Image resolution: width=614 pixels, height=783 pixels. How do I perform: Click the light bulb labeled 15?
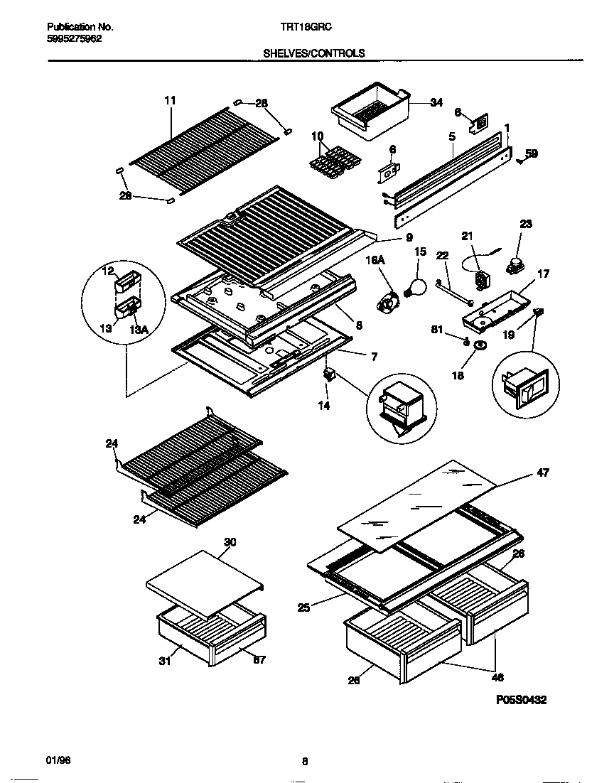pyautogui.click(x=414, y=287)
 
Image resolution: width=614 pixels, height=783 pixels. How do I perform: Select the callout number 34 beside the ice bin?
pyautogui.click(x=436, y=103)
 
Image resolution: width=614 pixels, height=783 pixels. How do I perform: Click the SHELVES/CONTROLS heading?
pyautogui.click(x=314, y=53)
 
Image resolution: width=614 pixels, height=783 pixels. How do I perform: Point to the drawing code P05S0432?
pyautogui.click(x=521, y=700)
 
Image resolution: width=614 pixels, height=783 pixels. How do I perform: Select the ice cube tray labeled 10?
pyautogui.click(x=331, y=162)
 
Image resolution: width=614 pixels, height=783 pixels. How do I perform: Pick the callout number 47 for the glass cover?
pyautogui.click(x=542, y=472)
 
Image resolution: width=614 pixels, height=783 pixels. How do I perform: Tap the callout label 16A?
pyautogui.click(x=376, y=262)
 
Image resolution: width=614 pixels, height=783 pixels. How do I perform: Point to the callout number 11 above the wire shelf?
pyautogui.click(x=169, y=100)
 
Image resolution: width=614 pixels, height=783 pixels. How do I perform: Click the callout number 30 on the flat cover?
pyautogui.click(x=229, y=542)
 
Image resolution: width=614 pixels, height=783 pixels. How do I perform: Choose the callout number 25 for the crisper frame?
pyautogui.click(x=303, y=607)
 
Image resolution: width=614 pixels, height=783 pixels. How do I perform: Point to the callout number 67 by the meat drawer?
pyautogui.click(x=259, y=660)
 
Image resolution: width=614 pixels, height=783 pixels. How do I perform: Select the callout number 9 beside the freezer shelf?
pyautogui.click(x=409, y=238)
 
